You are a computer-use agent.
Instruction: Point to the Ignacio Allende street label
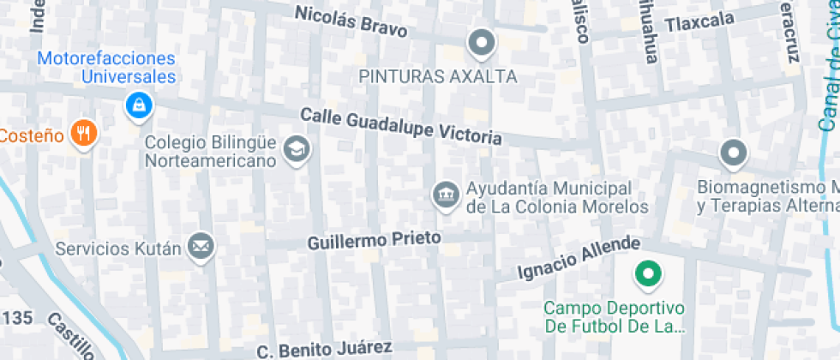579,257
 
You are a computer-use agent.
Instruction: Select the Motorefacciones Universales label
108,68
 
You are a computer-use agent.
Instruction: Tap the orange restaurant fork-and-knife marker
83,133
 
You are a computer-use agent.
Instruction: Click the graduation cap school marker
297,149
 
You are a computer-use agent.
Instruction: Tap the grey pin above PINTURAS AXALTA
481,42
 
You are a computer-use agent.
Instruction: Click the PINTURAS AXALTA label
438,76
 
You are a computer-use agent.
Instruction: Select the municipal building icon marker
445,171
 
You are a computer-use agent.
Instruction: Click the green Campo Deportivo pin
648,275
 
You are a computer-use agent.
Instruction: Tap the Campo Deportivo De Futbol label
616,317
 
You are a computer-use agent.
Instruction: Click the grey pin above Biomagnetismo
733,153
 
